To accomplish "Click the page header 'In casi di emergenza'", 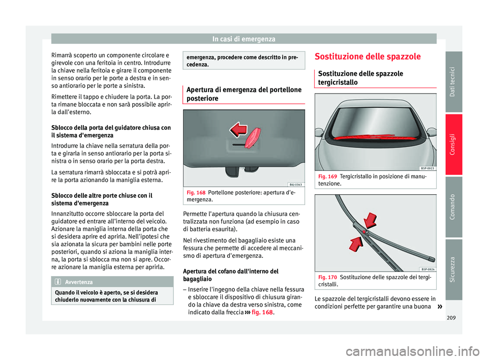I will pyautogui.click(x=244, y=39).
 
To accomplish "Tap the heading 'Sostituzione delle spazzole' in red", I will pyautogui.click(x=367, y=56).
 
